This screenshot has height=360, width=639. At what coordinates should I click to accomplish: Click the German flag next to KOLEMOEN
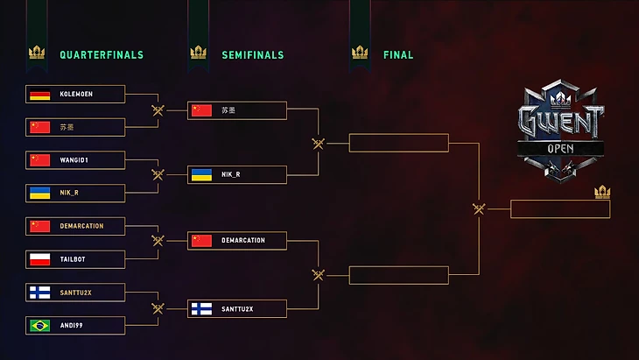tap(39, 95)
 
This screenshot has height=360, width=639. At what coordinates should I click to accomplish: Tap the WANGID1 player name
tap(74, 160)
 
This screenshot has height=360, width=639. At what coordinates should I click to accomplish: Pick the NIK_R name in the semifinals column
tap(230, 174)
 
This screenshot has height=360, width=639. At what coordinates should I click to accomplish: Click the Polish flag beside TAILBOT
tap(39, 259)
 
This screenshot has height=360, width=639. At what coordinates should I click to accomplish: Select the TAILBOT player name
tap(74, 259)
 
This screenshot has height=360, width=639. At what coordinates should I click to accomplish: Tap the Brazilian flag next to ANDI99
tap(39, 325)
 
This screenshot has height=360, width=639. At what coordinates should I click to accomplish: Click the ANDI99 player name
tap(72, 325)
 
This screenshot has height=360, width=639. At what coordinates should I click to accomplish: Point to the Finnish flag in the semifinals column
tap(201, 308)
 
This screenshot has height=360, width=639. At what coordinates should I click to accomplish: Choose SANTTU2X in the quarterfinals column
tap(77, 292)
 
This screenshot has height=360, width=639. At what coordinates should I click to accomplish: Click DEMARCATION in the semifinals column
tap(243, 240)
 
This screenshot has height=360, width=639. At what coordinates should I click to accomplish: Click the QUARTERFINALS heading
tap(101, 54)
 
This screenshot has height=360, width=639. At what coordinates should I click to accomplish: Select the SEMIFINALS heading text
tap(252, 54)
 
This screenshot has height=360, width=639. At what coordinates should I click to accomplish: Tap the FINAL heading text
tap(398, 54)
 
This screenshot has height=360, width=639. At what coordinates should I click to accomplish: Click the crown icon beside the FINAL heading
tap(360, 53)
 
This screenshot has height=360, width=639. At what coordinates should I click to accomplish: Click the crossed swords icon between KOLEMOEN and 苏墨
tap(158, 110)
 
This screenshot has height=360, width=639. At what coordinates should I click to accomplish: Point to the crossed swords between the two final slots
tap(479, 208)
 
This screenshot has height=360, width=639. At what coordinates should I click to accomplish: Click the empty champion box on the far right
tap(560, 209)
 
